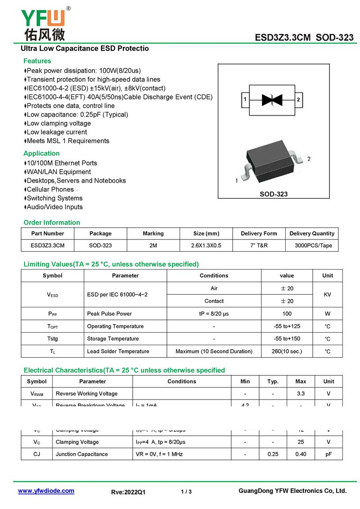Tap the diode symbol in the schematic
click(272, 99)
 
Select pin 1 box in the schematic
click(245, 99)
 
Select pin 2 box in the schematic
click(298, 99)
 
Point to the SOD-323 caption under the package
click(274, 194)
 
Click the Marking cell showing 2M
click(153, 245)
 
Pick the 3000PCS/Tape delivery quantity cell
click(313, 245)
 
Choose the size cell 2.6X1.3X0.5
click(206, 245)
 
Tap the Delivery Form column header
click(259, 234)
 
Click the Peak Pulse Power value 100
click(287, 314)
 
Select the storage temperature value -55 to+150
click(287, 339)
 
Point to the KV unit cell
click(328, 294)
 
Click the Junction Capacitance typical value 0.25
click(273, 454)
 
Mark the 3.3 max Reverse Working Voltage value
click(301, 394)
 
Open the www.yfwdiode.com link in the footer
click(46, 491)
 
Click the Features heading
click(37, 61)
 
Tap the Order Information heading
click(52, 222)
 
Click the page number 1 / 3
click(186, 492)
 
